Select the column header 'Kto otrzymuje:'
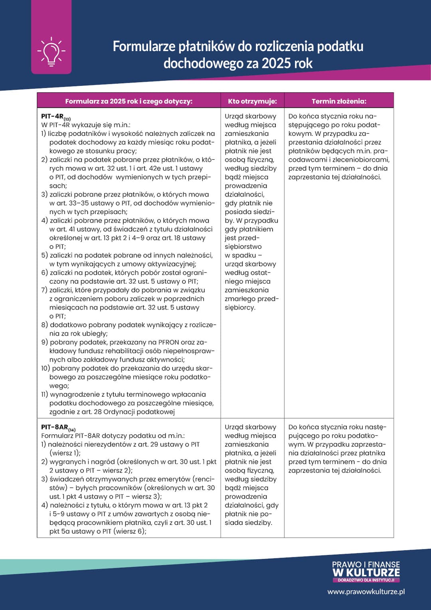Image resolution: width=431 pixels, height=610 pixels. [252, 101]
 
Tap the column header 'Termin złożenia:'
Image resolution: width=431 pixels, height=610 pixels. [339, 101]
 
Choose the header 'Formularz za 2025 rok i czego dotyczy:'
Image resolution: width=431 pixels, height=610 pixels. [129, 101]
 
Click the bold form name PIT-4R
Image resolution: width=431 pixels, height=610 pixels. [52, 116]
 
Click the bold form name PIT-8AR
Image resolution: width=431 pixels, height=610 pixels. [55, 427]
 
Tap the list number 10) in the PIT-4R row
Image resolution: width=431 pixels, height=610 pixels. [45, 368]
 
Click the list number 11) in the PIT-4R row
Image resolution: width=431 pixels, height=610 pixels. [44, 394]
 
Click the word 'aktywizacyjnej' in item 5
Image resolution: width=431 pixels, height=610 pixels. [174, 264]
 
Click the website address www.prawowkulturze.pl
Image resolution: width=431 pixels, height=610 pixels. [366, 592]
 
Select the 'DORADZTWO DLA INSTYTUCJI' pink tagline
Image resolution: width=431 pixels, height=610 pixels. [366, 580]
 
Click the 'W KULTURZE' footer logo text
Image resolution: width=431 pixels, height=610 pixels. [366, 572]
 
